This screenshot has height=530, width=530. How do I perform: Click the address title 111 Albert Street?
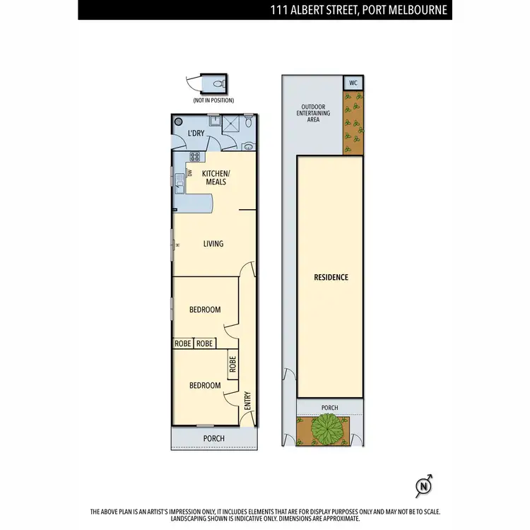pyautogui.click(x=358, y=10)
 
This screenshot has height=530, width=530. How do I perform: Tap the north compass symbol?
pyautogui.click(x=423, y=485)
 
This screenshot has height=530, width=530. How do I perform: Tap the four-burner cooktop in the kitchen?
pyautogui.click(x=196, y=157)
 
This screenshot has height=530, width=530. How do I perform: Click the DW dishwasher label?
pyautogui.click(x=190, y=172)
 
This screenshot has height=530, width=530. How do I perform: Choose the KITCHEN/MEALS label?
pyautogui.click(x=216, y=178)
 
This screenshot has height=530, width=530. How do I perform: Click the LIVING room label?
pyautogui.click(x=213, y=244)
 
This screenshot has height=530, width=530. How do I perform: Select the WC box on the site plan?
pyautogui.click(x=353, y=83)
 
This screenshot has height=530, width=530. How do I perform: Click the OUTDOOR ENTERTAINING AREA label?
pyautogui.click(x=313, y=114)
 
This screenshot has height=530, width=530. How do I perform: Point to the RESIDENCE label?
pyautogui.click(x=331, y=278)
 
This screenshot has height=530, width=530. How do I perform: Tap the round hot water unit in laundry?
pyautogui.click(x=179, y=121)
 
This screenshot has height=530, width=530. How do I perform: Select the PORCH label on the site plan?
pyautogui.click(x=329, y=408)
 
